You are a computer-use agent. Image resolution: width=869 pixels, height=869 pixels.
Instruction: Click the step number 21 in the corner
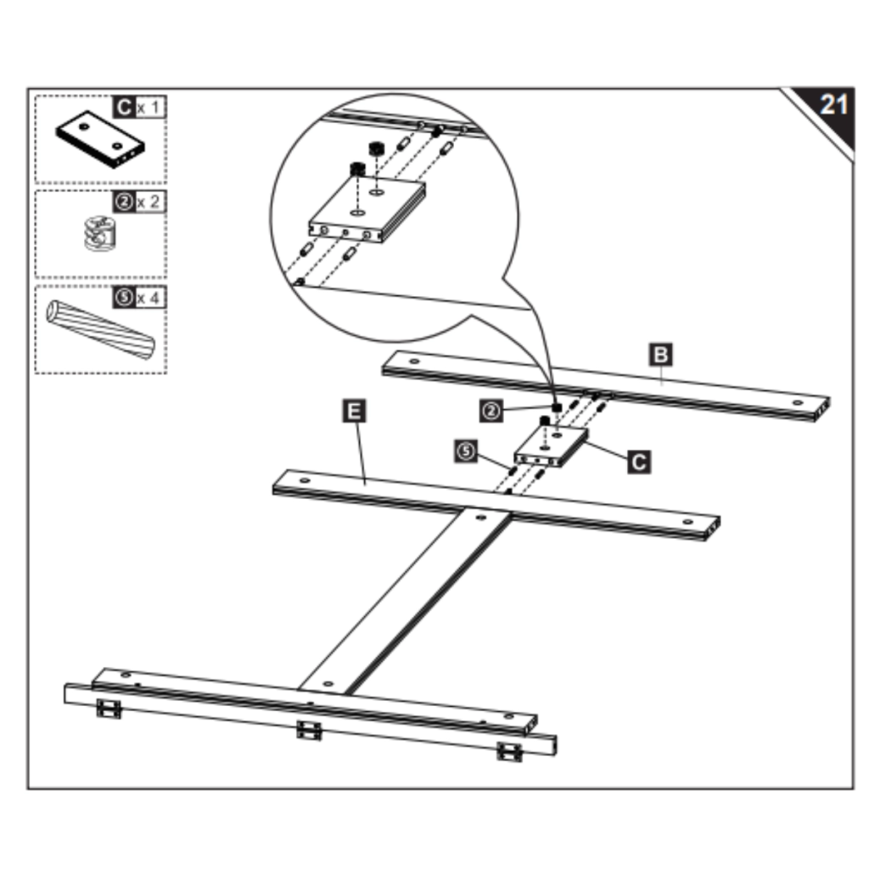[833, 104]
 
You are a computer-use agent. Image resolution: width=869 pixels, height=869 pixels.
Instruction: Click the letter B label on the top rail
[660, 354]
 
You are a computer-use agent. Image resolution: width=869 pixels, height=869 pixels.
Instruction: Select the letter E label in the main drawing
[355, 412]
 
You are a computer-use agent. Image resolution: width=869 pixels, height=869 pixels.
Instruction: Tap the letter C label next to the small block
[639, 462]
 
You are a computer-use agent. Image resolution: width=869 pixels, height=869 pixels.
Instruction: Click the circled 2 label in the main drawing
[491, 411]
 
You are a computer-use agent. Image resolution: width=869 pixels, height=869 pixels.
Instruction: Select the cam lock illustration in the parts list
[99, 233]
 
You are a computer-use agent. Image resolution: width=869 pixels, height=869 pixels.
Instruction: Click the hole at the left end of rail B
[413, 362]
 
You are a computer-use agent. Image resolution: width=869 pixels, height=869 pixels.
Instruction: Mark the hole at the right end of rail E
[688, 523]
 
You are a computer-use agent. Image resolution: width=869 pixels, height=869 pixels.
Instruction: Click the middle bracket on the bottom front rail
[309, 730]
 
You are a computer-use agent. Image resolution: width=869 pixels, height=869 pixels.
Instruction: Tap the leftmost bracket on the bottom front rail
[109, 709]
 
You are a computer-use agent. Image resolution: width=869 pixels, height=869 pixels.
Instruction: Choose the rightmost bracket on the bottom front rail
[509, 751]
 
